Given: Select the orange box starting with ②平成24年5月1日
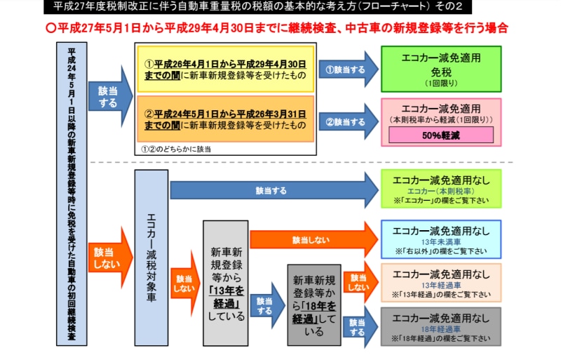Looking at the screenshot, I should [x=225, y=119].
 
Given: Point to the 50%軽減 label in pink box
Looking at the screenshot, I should [x=441, y=135].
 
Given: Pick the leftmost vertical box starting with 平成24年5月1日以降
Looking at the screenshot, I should [x=72, y=193].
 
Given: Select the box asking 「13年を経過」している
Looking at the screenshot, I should [x=226, y=283].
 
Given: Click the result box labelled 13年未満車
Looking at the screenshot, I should [x=441, y=239].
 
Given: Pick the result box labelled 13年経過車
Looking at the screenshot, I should [x=441, y=282].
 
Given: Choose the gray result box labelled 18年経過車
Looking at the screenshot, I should [x=441, y=327].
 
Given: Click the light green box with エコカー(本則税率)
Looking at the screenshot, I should [x=441, y=189].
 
